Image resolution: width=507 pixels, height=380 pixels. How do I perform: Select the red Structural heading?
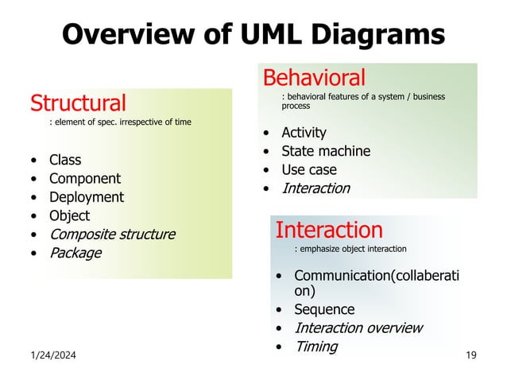point(78,103)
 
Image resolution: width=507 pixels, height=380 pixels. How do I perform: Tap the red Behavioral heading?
point(314,77)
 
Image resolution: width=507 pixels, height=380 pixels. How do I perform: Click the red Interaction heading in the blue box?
point(328,231)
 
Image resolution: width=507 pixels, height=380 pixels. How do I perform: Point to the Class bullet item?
point(65,160)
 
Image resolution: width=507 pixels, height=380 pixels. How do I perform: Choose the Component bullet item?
point(85,179)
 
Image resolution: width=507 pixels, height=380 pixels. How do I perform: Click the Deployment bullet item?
point(87,197)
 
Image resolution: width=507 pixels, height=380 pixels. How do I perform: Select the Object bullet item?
point(69,215)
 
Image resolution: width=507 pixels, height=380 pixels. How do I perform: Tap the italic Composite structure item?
point(112,235)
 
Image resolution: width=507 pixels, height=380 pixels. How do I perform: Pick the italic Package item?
point(75,254)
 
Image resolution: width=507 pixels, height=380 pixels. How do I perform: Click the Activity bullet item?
point(304,133)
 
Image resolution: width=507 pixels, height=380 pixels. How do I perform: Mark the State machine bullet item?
point(326,151)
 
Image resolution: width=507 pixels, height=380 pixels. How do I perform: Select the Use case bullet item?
point(309,169)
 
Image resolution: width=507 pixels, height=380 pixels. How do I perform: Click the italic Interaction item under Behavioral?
point(315,188)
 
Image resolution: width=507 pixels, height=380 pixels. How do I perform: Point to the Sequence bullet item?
point(324,309)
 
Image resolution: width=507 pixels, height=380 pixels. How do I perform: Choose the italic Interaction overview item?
point(358,328)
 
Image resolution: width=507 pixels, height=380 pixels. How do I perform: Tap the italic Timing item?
point(315,347)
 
